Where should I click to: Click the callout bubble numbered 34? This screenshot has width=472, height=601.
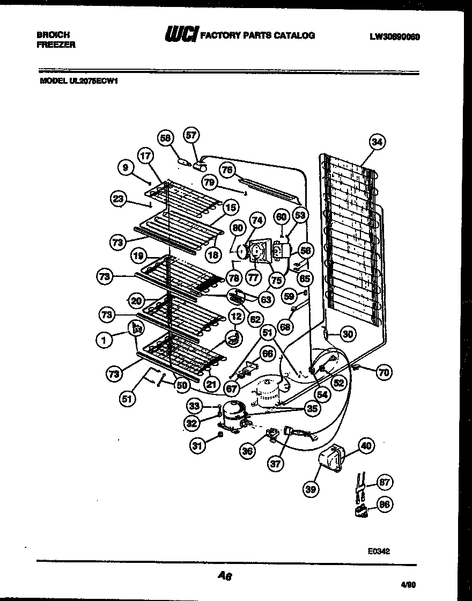pos(378,142)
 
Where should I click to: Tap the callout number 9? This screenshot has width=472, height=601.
pos(125,168)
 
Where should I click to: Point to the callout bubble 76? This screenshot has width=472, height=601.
pos(227,170)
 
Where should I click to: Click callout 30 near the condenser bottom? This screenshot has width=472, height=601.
pos(348,334)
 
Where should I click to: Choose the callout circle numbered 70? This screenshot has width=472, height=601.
pos(384,372)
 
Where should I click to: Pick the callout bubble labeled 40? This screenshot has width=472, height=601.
pos(365,445)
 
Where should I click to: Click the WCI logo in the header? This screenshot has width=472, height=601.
pos(181,36)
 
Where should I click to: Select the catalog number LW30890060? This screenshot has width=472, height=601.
pos(394,36)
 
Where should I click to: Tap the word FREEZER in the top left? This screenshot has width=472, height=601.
pos(56,45)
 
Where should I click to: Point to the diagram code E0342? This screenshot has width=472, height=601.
pos(379,550)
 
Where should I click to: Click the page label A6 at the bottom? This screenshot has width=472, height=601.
pos(224,576)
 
